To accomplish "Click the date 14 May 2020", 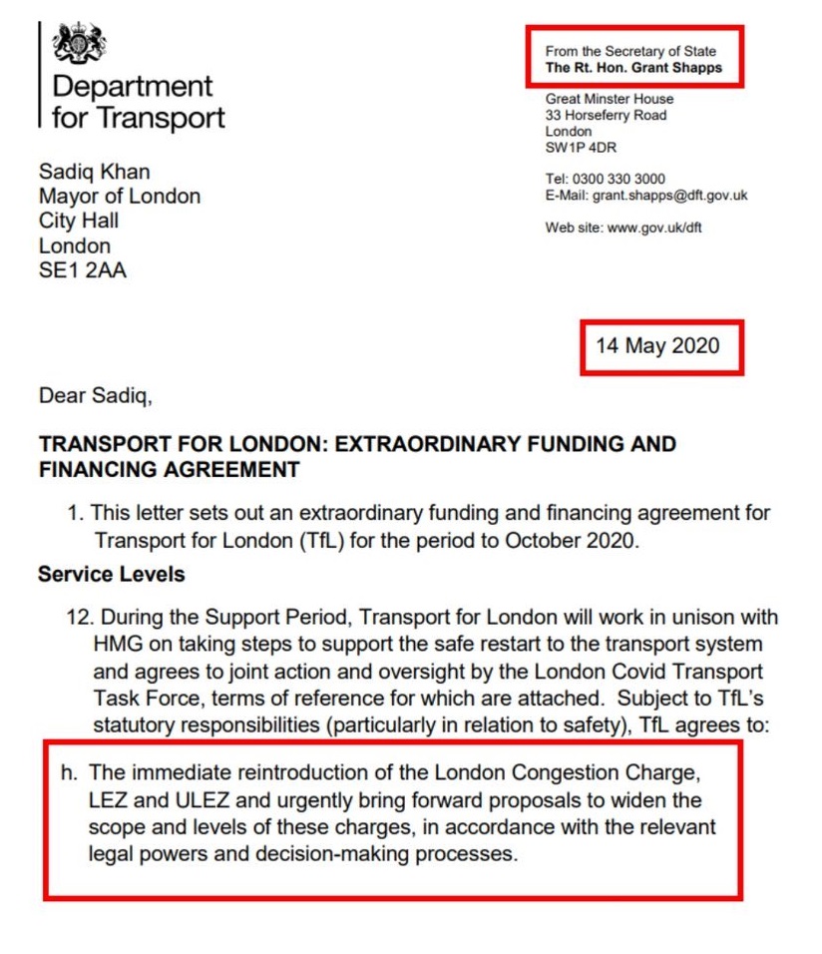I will pyautogui.click(x=656, y=346).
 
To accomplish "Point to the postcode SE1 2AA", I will pyautogui.click(x=83, y=270).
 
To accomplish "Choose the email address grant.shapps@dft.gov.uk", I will pyautogui.click(x=669, y=196).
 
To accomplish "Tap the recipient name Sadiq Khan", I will pyautogui.click(x=95, y=171).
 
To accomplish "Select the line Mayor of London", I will pyautogui.click(x=120, y=196).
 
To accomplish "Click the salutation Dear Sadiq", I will pyautogui.click(x=95, y=396).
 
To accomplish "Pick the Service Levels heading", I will pyautogui.click(x=110, y=576).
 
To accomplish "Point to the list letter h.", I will pyautogui.click(x=69, y=774).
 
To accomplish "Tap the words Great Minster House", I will pyautogui.click(x=609, y=99).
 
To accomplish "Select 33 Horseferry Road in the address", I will pyautogui.click(x=606, y=115).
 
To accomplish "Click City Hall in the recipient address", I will pyautogui.click(x=79, y=221).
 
